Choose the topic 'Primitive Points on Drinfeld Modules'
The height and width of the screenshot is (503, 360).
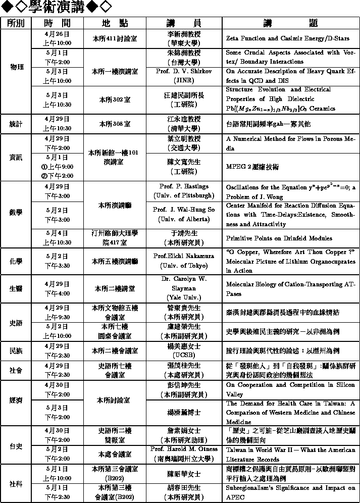pos(279,238)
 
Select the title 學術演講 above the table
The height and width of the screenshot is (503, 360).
pos(55,7)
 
